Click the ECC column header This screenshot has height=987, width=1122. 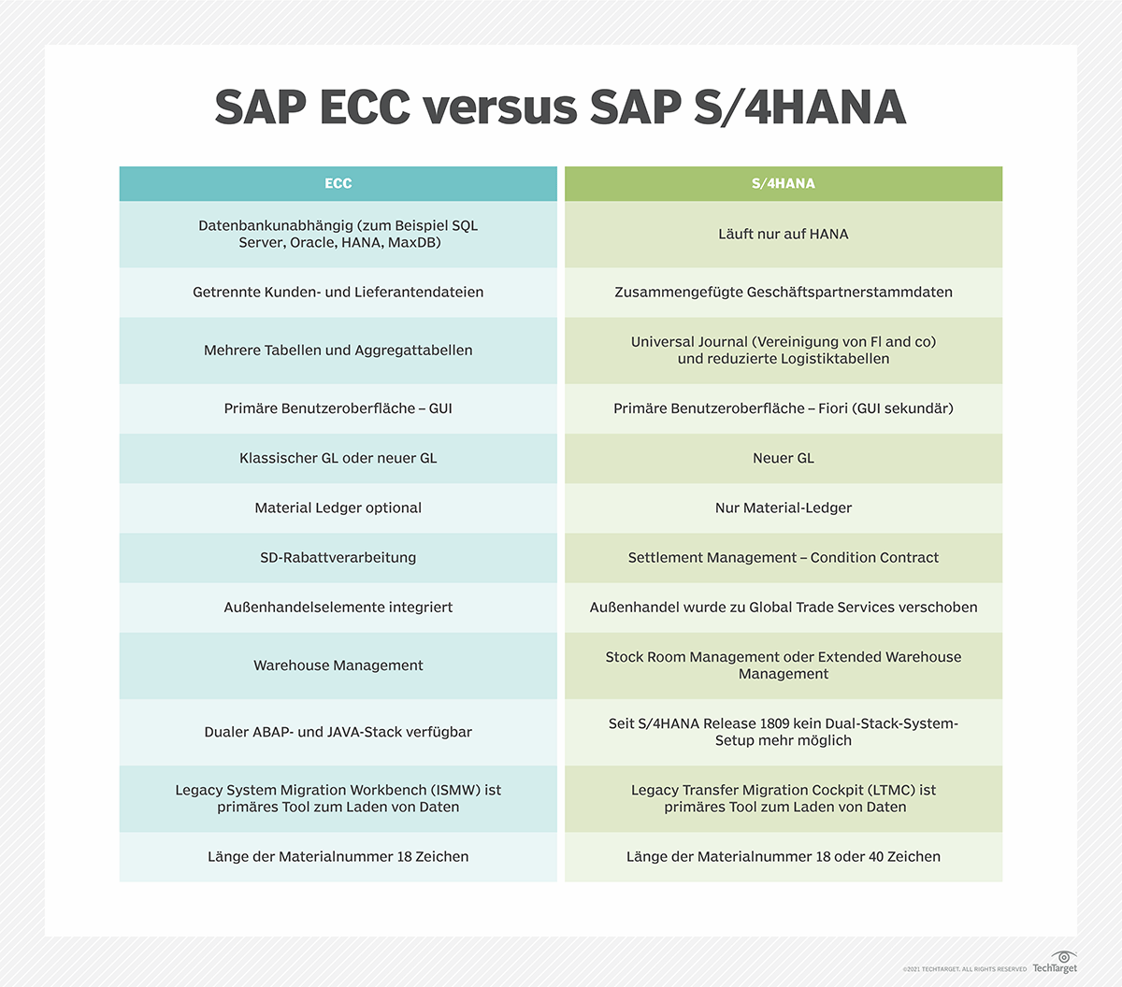click(x=338, y=183)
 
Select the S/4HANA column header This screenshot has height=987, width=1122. click(x=784, y=183)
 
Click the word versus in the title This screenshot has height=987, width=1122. click(x=500, y=107)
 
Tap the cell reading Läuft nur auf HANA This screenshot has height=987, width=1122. click(x=784, y=235)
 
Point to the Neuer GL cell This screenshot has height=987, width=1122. click(x=784, y=458)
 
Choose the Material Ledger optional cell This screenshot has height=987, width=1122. click(x=338, y=508)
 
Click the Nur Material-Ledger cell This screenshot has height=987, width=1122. click(x=784, y=508)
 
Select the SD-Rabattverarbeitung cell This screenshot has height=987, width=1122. click(x=338, y=558)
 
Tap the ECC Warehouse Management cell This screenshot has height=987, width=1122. click(x=338, y=665)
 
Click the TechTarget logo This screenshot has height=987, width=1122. click(x=1055, y=962)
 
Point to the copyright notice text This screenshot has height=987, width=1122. click(x=964, y=969)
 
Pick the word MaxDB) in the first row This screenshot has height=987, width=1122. click(x=414, y=243)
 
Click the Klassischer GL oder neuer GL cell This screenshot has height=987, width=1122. click(x=338, y=458)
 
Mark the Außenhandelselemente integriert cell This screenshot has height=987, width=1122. click(x=338, y=608)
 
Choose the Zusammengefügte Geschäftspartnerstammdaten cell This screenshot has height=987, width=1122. click(x=784, y=293)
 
